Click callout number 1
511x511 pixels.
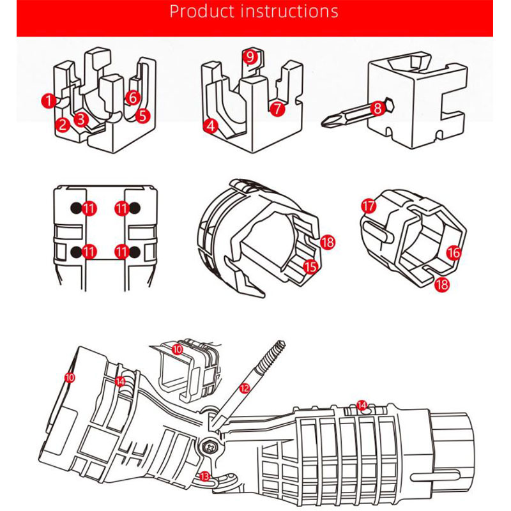click(48, 100)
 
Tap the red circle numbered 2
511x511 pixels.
click(62, 125)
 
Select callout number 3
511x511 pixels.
click(80, 118)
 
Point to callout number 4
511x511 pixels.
click(211, 126)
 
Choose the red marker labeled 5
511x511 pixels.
click(143, 116)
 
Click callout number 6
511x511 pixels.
click(132, 98)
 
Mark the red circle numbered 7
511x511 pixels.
click(277, 109)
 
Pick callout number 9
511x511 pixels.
click(250, 56)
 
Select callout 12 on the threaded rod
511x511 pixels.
click(244, 388)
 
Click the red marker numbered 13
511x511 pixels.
click(204, 476)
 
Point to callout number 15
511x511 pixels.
click(310, 266)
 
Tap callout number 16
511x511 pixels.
click(454, 253)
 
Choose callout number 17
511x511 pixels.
click(368, 206)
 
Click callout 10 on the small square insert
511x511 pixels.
click(177, 349)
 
